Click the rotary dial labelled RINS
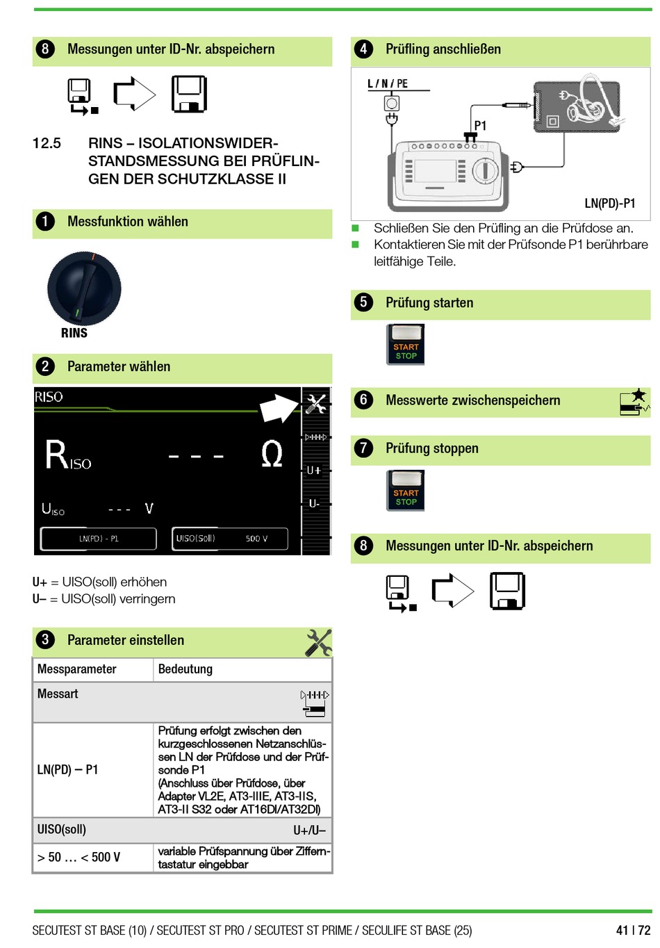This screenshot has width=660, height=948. tap(84, 288)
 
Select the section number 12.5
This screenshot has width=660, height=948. tap(47, 144)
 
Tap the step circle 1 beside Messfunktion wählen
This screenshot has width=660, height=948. tap(45, 222)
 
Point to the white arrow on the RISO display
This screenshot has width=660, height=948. tap(279, 408)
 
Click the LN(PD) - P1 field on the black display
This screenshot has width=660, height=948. tap(99, 539)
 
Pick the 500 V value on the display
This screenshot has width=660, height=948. tap(256, 539)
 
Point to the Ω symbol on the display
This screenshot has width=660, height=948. tap(272, 455)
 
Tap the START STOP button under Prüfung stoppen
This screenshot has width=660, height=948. tap(406, 491)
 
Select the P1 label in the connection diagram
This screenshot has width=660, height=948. tap(480, 126)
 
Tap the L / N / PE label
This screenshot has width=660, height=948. tap(388, 84)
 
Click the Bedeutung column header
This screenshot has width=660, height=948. tap(185, 669)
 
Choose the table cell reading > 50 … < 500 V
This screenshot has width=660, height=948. tap(79, 858)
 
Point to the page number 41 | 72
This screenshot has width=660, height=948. tap(633, 930)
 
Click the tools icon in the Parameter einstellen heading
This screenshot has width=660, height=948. tap(318, 642)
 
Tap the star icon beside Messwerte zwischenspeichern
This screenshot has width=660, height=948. tap(638, 395)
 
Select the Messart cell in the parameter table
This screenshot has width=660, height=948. tap(58, 694)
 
